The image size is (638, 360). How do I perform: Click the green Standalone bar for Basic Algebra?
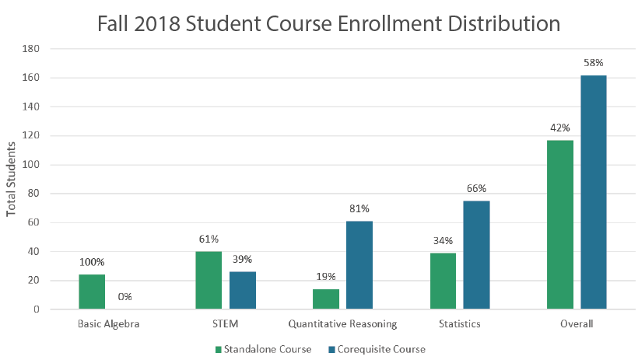pos(92,292)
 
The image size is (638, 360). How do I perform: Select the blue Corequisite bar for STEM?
pos(242,290)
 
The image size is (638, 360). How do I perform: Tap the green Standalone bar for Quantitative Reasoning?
pos(325,299)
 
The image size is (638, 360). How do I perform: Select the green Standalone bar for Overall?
pos(559,225)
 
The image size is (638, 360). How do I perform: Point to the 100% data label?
pos(92,262)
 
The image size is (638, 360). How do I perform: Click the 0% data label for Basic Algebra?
pos(124,296)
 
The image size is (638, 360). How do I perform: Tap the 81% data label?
pos(359,208)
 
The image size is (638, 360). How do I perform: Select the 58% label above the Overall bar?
pos(594,63)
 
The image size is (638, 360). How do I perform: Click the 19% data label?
pos(325,276)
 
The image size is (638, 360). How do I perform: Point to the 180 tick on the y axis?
pos(32,49)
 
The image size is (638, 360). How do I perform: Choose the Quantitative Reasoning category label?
pos(342,323)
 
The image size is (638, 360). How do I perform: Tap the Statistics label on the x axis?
pos(459,323)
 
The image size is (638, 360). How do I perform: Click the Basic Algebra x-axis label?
pos(108,323)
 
